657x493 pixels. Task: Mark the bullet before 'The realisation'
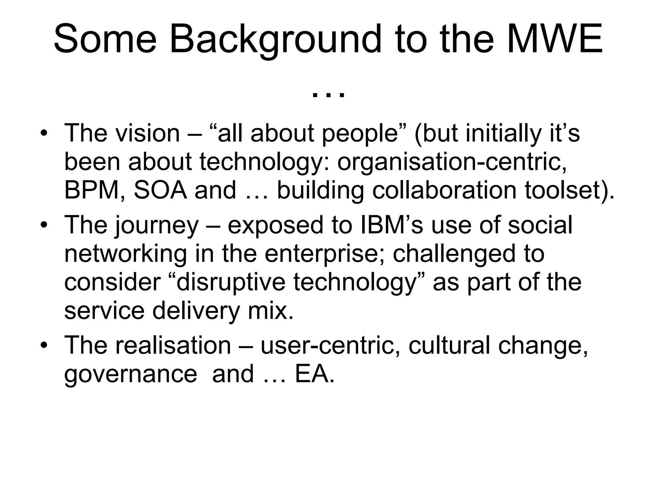[x=44, y=345]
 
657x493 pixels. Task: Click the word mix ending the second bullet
[x=270, y=311]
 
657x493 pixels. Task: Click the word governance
[x=130, y=374]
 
